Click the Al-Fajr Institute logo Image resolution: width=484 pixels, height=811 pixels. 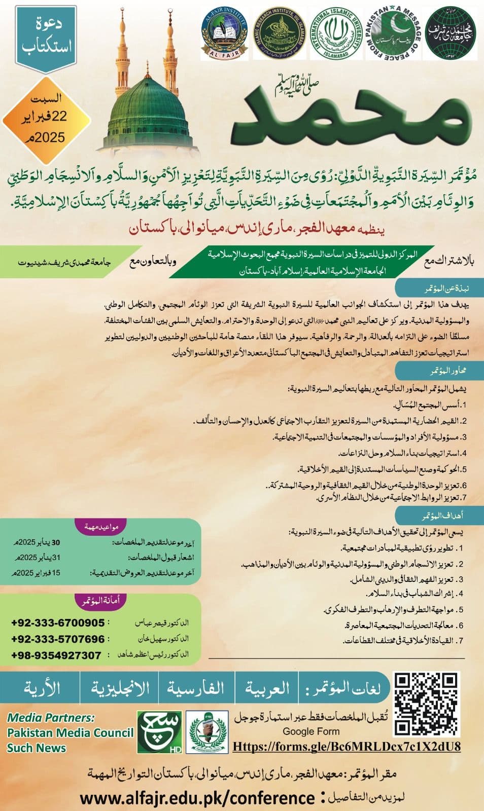(x=224, y=33)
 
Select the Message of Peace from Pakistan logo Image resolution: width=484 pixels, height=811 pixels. (x=393, y=33)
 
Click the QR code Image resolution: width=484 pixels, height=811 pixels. (x=427, y=704)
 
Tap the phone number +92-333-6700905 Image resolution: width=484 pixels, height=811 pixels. (x=58, y=622)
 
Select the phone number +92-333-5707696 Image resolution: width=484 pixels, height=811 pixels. (x=58, y=639)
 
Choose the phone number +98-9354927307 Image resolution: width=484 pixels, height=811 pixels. (x=56, y=655)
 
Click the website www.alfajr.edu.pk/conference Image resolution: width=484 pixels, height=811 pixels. (x=197, y=798)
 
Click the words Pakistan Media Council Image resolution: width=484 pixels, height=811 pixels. (x=70, y=732)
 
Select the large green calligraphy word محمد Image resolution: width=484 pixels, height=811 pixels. (x=345, y=114)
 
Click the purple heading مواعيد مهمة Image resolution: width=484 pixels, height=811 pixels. (x=101, y=527)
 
